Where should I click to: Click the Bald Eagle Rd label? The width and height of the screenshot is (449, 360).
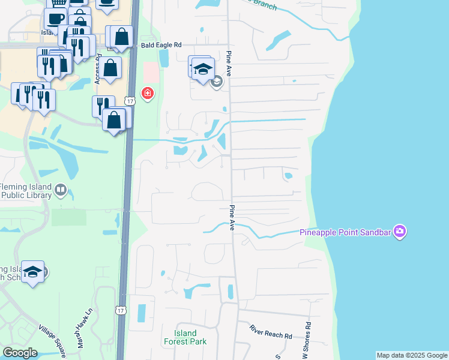tap(161, 45)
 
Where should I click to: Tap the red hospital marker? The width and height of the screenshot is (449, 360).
tap(146, 93)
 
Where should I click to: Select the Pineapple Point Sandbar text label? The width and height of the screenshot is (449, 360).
tap(346, 232)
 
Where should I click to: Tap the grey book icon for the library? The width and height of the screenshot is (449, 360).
tap(60, 191)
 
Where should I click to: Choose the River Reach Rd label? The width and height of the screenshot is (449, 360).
tap(271, 332)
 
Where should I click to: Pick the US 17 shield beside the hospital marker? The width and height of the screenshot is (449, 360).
tap(130, 100)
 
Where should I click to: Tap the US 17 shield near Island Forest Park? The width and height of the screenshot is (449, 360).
tap(121, 310)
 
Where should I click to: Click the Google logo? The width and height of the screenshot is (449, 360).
tap(20, 353)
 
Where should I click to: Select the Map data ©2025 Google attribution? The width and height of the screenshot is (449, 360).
tap(412, 355)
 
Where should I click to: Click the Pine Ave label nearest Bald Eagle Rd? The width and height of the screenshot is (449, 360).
tap(229, 60)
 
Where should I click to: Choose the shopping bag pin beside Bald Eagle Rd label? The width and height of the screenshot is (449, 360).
tap(122, 37)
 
